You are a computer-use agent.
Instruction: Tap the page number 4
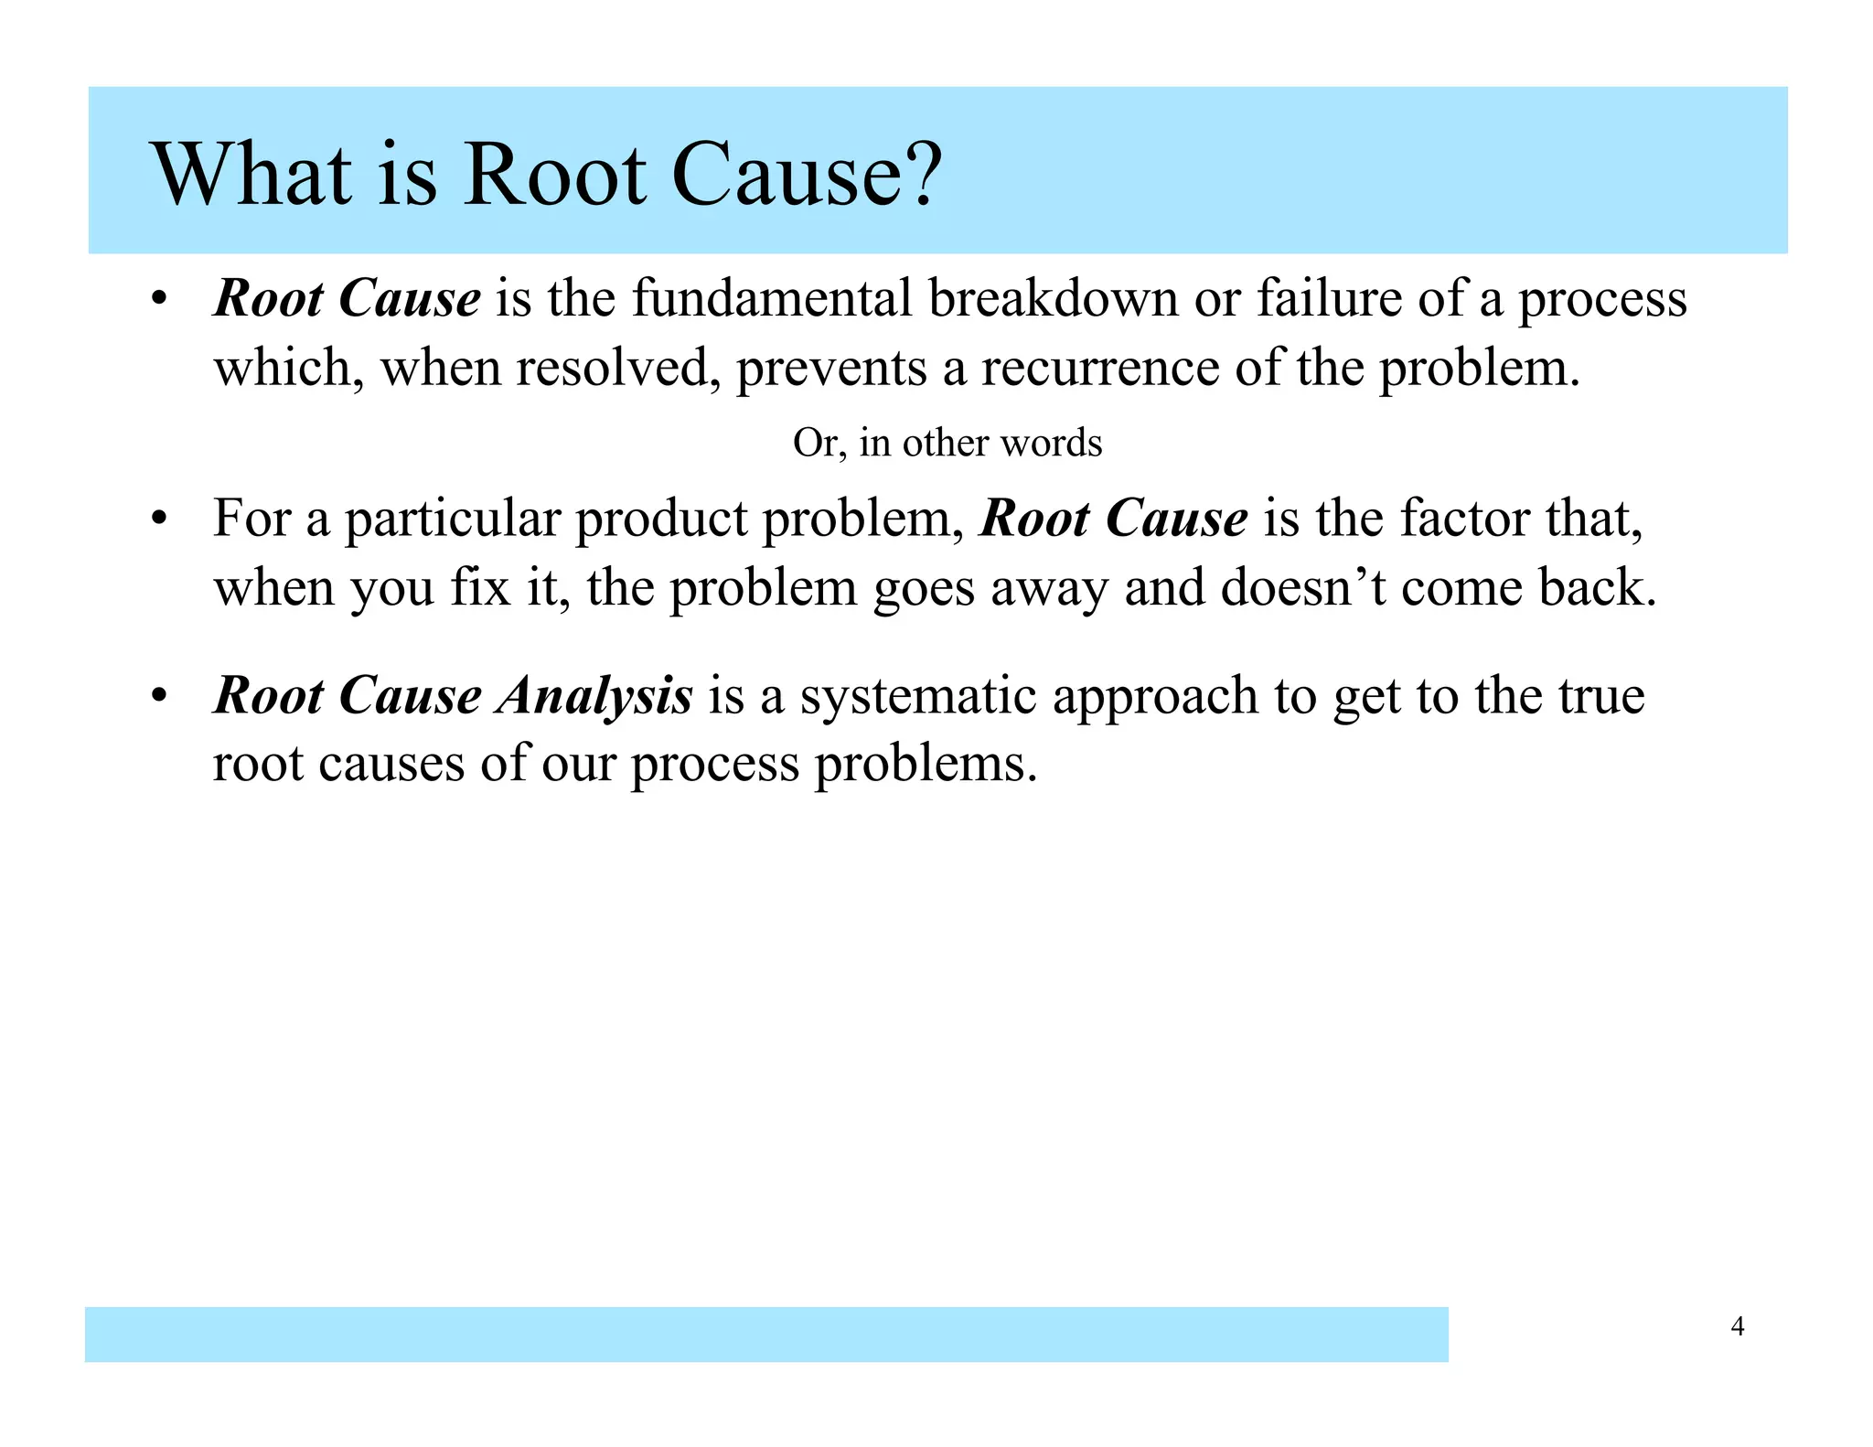pos(1738,1325)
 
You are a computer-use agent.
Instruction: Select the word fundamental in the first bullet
pos(772,299)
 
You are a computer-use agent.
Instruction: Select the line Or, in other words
pos(947,443)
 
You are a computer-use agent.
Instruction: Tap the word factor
pos(1465,519)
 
